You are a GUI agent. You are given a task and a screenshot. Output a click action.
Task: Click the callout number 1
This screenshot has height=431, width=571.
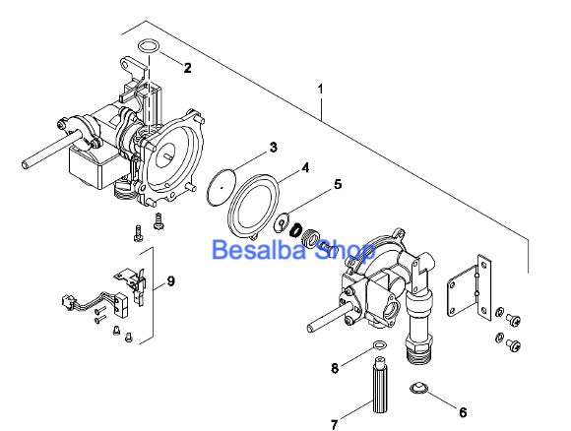(321, 90)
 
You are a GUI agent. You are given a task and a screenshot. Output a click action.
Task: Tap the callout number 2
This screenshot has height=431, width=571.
(188, 68)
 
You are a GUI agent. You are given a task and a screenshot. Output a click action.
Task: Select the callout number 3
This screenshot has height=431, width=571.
(274, 148)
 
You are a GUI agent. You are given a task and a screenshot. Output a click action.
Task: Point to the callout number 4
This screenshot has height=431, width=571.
(305, 168)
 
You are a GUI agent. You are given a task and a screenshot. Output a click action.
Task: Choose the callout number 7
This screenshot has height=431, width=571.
(334, 424)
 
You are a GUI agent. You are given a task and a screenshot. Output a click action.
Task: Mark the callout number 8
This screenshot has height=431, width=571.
(334, 368)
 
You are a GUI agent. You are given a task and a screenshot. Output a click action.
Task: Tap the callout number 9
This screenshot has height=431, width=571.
(171, 281)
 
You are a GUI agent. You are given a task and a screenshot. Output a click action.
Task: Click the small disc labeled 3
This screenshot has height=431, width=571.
(223, 183)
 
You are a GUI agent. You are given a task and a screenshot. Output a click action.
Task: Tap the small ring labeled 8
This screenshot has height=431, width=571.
(378, 345)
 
